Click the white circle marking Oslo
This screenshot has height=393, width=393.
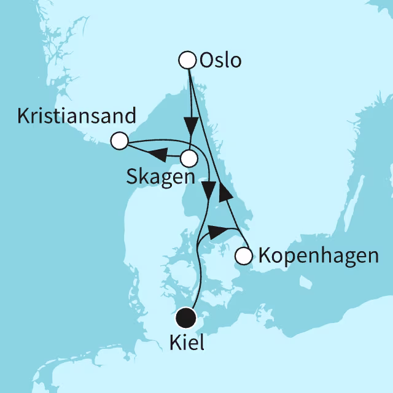187,60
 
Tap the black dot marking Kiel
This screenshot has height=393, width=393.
186,318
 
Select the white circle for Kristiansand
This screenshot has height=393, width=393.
119,141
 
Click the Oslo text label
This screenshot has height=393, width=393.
220,61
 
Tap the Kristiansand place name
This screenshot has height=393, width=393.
76,117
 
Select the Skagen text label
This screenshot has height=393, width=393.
161,177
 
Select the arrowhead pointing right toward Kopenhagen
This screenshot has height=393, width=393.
217,232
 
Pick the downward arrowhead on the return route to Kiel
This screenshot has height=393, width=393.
210,192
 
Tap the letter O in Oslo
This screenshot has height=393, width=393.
206,61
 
